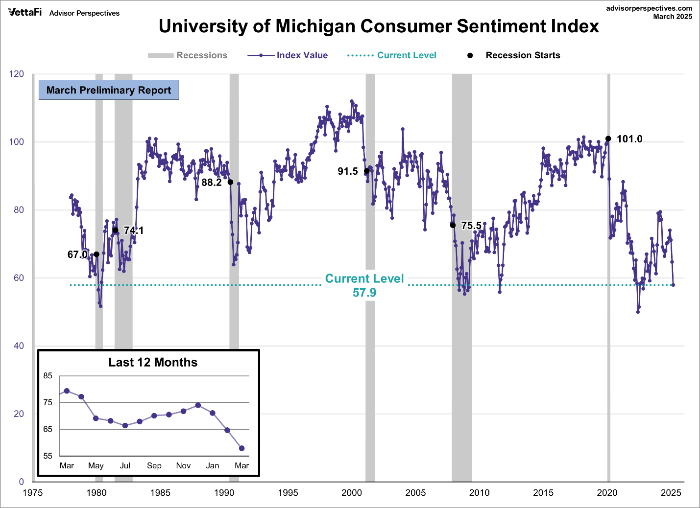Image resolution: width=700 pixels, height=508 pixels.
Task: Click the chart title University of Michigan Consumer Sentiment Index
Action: pyautogui.click(x=379, y=26)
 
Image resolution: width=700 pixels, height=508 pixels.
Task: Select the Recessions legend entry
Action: pyautogui.click(x=188, y=55)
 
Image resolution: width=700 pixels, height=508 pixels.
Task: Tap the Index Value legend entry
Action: pyautogui.click(x=288, y=55)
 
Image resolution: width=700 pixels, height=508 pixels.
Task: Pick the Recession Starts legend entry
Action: pyautogui.click(x=514, y=55)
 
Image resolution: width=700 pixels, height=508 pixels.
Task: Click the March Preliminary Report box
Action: pyautogui.click(x=109, y=90)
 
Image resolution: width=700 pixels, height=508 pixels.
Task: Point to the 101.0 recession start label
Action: pyautogui.click(x=629, y=139)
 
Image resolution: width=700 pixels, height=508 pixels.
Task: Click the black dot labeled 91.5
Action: pyautogui.click(x=367, y=171)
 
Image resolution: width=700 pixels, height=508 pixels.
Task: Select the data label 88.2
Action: pyautogui.click(x=212, y=183)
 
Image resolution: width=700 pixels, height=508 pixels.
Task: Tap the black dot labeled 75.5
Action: pyautogui.click(x=453, y=225)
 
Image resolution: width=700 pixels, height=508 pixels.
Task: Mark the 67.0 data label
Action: pyautogui.click(x=77, y=254)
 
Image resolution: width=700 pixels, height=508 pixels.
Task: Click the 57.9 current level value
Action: pyautogui.click(x=364, y=293)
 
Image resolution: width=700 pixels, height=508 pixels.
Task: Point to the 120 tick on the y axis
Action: pyautogui.click(x=17, y=74)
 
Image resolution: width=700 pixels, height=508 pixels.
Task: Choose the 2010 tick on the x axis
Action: pyautogui.click(x=479, y=493)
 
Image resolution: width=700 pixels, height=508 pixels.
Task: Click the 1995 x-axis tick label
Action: pyautogui.click(x=288, y=493)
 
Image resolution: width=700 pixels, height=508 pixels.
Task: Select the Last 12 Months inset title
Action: pyautogui.click(x=153, y=362)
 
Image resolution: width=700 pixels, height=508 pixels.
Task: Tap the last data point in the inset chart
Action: pyautogui.click(x=241, y=448)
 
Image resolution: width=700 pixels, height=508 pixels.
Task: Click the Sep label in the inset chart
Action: pyautogui.click(x=154, y=465)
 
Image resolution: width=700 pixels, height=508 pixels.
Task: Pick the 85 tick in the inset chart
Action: pyautogui.click(x=48, y=376)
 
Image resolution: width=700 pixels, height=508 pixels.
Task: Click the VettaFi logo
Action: pyautogui.click(x=24, y=12)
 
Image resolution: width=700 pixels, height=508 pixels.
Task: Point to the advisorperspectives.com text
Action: pyautogui.click(x=649, y=8)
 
